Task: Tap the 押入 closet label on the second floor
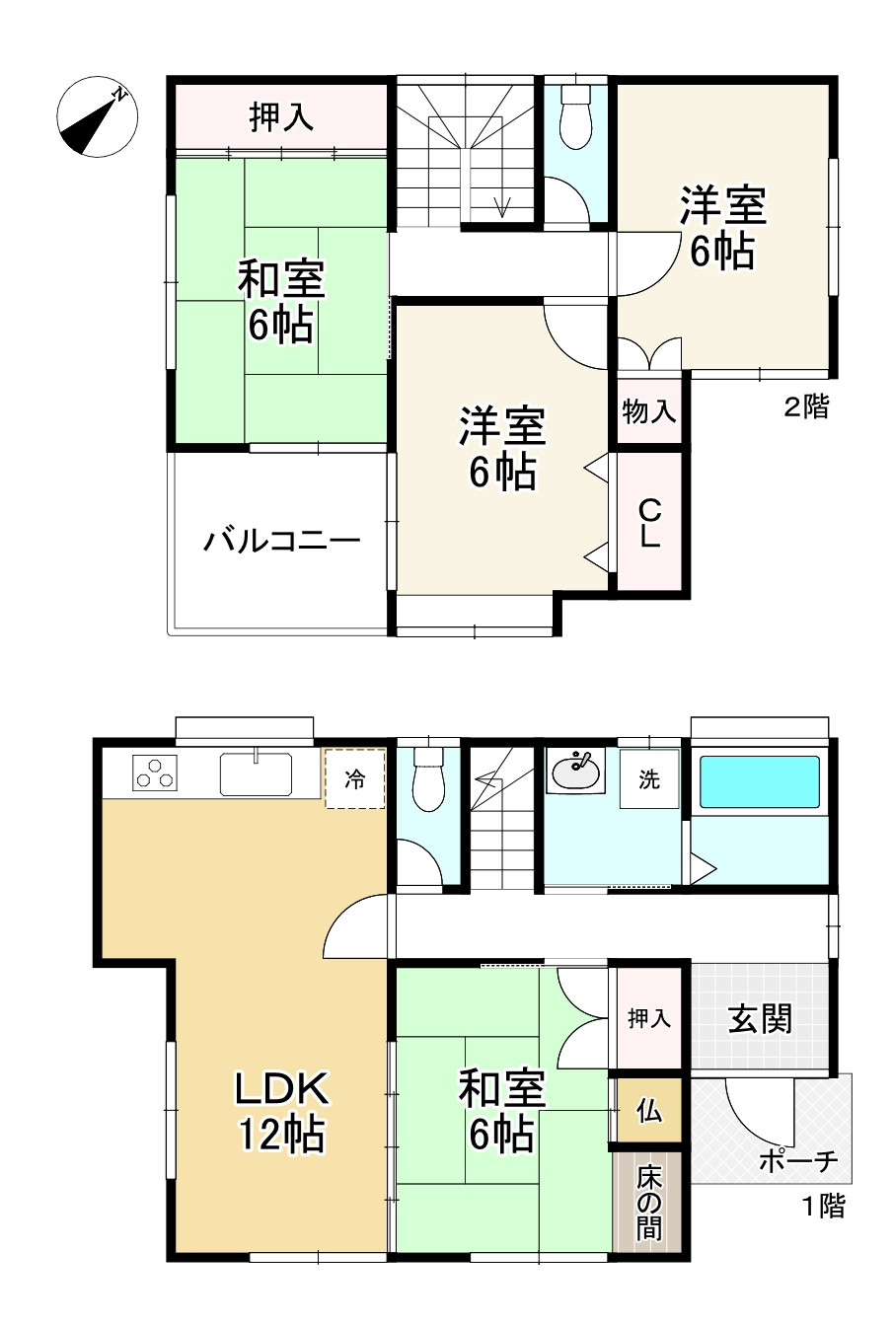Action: tap(281, 117)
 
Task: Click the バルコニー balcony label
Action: tap(281, 541)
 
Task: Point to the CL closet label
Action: tap(648, 524)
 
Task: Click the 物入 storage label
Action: tap(648, 411)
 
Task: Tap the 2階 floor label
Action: tap(806, 406)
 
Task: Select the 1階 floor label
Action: tap(821, 1205)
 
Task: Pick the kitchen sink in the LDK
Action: tap(256, 773)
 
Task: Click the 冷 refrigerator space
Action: tap(354, 779)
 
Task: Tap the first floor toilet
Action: tap(427, 781)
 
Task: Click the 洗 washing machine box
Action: tap(648, 779)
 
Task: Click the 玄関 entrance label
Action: tap(760, 1018)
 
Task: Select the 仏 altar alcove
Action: tap(648, 1111)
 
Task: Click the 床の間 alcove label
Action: tap(648, 1203)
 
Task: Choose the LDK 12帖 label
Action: tap(280, 1111)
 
